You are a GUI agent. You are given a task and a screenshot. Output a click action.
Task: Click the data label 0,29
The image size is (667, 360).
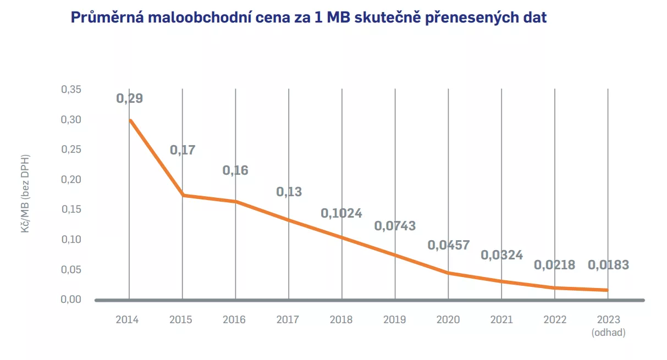click(129, 99)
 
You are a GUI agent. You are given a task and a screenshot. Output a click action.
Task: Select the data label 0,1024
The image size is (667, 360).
click(341, 213)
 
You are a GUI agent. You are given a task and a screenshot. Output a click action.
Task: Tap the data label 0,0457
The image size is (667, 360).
click(448, 245)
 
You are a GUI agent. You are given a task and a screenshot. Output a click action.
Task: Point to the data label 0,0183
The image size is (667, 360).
click(608, 265)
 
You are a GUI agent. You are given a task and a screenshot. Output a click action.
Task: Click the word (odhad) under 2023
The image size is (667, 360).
click(608, 333)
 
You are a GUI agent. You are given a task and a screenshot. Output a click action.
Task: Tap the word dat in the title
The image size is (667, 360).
click(534, 18)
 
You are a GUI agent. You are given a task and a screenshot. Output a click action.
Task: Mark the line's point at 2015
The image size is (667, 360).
click(183, 195)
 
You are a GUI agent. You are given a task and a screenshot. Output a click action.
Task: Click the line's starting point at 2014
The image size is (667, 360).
click(129, 120)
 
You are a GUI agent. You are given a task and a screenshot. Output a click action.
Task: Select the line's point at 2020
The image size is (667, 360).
click(448, 273)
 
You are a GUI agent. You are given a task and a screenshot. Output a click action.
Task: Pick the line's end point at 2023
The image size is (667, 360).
click(608, 290)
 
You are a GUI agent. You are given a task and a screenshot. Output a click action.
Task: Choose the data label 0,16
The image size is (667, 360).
click(235, 170)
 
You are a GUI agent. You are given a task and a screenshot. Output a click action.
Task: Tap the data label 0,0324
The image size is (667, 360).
click(501, 255)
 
